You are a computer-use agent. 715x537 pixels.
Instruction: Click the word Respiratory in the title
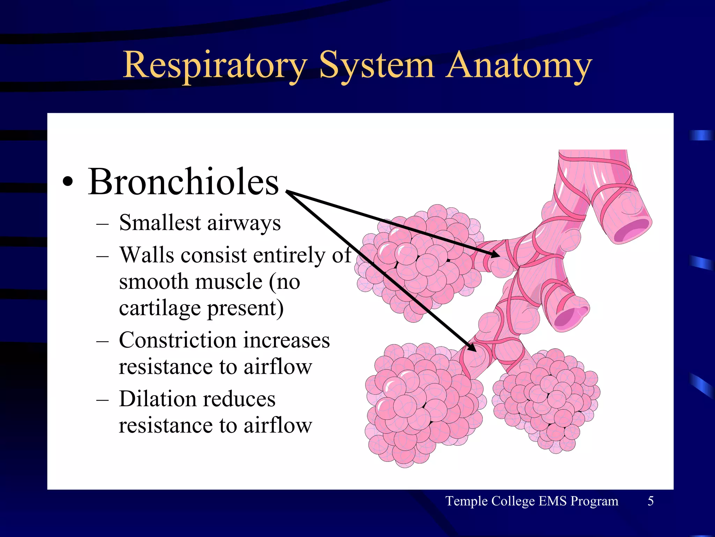215,65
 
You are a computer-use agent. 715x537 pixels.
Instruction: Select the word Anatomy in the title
519,65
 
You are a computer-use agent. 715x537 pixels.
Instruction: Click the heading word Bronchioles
183,182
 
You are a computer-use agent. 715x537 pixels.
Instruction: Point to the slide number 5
650,501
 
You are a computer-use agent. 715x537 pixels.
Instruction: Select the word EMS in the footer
553,501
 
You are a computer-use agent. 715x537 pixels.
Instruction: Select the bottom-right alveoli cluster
546,400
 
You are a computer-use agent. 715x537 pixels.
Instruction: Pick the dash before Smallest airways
102,224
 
